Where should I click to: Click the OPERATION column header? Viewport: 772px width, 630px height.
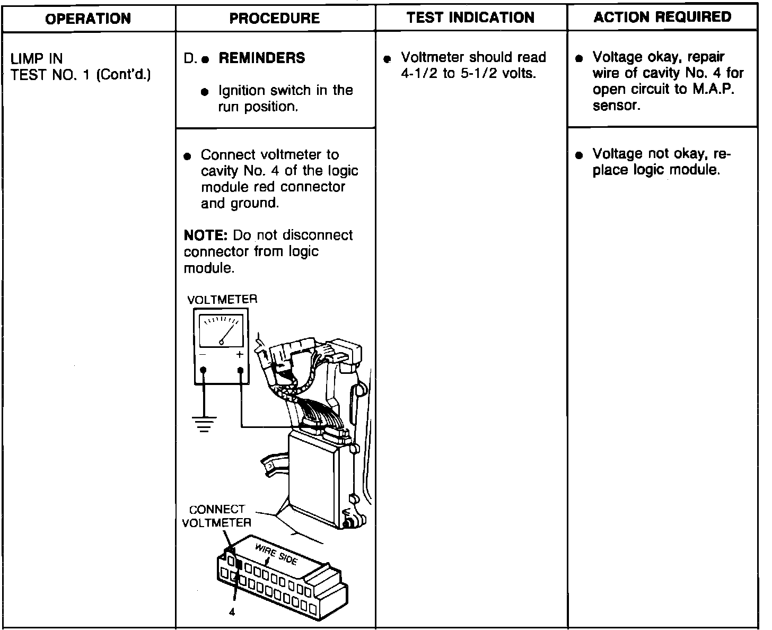pyautogui.click(x=88, y=19)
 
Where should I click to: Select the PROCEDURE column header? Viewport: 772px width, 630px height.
pyautogui.click(x=275, y=19)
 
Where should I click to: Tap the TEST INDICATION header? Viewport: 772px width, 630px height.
pyautogui.click(x=471, y=17)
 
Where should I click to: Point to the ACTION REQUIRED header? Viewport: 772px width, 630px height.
pyautogui.click(x=662, y=17)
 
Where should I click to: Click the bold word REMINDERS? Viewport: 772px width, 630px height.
pyautogui.click(x=262, y=58)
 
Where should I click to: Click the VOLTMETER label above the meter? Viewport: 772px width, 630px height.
pyautogui.click(x=222, y=300)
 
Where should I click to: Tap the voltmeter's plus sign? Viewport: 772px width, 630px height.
pyautogui.click(x=240, y=355)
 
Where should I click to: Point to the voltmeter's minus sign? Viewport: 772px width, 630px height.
pyautogui.click(x=203, y=355)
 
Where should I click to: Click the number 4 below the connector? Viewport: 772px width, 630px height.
pyautogui.click(x=232, y=612)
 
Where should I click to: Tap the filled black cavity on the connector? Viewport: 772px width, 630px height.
pyautogui.click(x=238, y=565)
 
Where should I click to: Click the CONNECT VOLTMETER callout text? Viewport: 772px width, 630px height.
pyautogui.click(x=217, y=516)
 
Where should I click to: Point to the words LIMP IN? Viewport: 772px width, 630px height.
pyautogui.click(x=37, y=58)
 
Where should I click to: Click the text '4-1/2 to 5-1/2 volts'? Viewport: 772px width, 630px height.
pyautogui.click(x=469, y=73)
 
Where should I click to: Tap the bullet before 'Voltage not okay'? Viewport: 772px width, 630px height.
pyautogui.click(x=580, y=155)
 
